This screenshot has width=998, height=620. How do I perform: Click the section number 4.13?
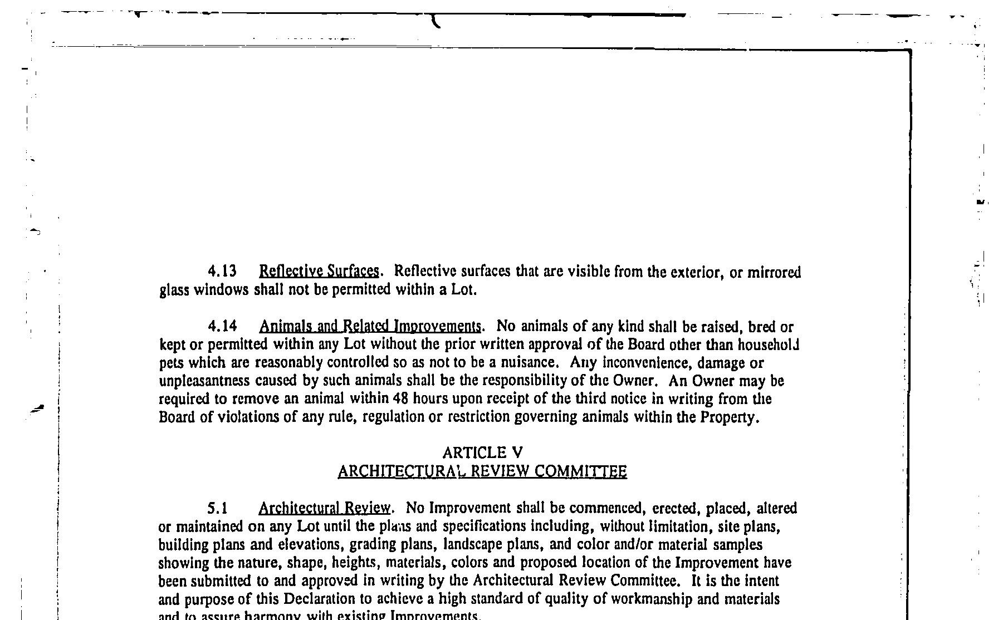coord(222,272)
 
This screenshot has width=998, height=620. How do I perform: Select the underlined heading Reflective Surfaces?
coord(319,272)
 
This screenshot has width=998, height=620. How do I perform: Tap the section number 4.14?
coord(222,326)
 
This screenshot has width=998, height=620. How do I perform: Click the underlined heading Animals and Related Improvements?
coord(370,326)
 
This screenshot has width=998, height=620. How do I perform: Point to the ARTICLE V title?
coord(482,453)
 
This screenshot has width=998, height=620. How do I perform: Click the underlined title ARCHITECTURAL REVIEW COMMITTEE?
coord(482,472)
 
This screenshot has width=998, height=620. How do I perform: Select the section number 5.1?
coord(218,508)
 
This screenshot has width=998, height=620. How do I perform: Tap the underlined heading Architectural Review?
coord(325,508)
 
